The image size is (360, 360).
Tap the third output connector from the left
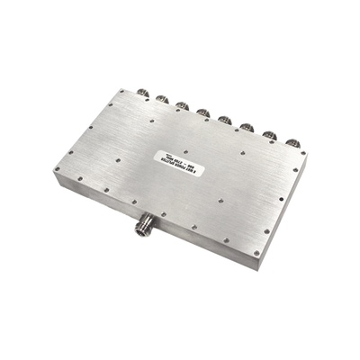(181, 103)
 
